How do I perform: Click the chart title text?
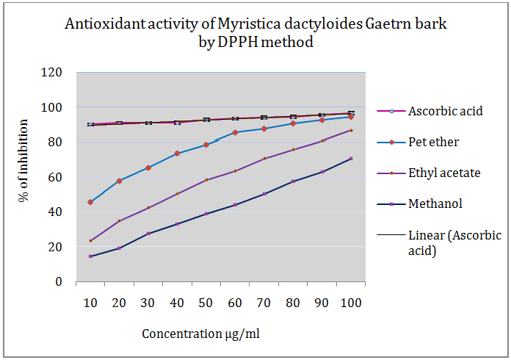(255, 33)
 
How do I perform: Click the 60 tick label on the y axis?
(53, 177)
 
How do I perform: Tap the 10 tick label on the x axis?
(90, 302)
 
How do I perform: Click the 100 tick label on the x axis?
(351, 302)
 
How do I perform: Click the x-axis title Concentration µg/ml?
(200, 334)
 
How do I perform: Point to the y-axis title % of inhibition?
(24, 177)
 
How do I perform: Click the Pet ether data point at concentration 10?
(90, 202)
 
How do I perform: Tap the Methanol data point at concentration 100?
(351, 159)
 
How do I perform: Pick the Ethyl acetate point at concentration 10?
(90, 241)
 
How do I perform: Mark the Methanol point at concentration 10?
(90, 256)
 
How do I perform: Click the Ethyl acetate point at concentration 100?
(351, 130)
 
